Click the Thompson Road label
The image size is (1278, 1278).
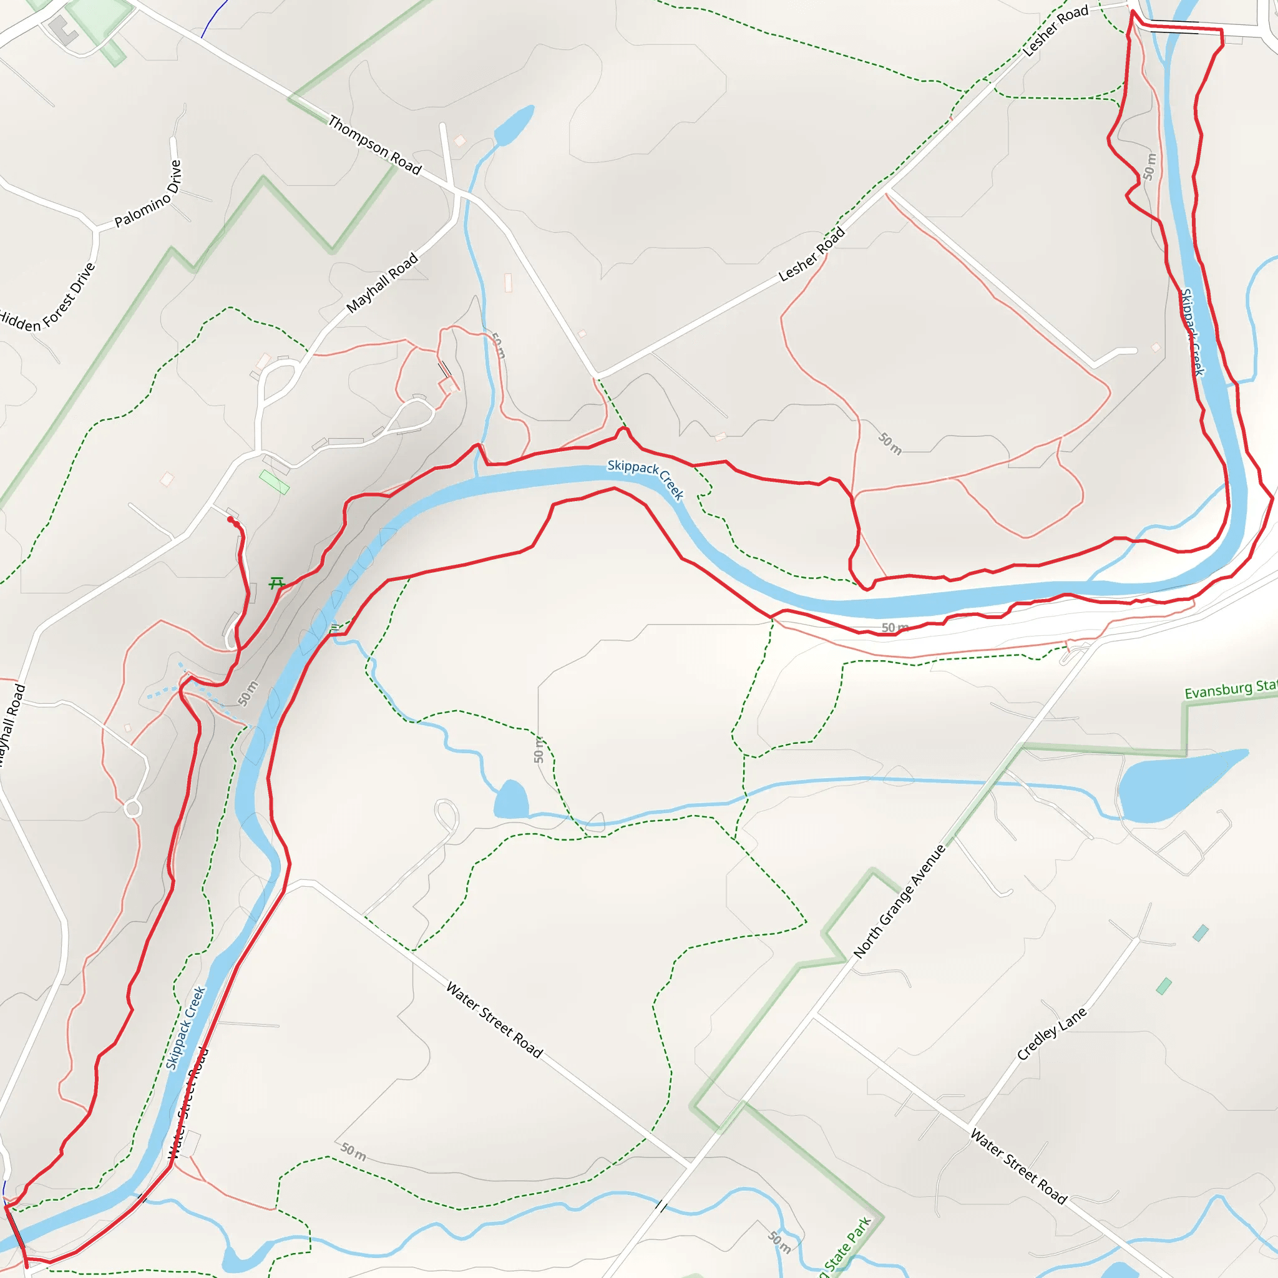coord(374,145)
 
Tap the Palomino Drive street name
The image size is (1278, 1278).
coord(148,194)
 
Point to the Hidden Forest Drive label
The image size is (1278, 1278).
coord(47,297)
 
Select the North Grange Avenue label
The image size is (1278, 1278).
coord(900,901)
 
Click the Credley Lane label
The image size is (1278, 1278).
coord(1051,1033)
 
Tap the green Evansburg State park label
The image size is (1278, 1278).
coord(1230,690)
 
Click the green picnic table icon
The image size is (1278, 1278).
coord(276,583)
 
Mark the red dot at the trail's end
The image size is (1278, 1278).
coord(230,520)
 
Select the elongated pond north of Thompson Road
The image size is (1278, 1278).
coord(514,125)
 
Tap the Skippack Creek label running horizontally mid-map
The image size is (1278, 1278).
coord(645,478)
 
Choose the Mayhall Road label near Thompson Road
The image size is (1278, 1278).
coord(383,283)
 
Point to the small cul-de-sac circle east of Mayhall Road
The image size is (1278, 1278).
coord(133,808)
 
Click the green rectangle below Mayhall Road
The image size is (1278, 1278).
coord(274,482)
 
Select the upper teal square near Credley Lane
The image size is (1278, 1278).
coord(1201,934)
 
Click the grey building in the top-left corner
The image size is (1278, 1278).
coord(63,31)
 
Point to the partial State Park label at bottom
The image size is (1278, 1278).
coord(846,1247)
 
